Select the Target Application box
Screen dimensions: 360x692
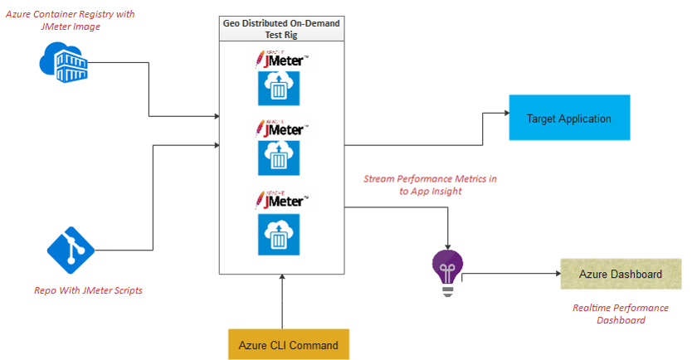click(569, 118)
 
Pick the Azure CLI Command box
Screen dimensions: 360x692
click(288, 344)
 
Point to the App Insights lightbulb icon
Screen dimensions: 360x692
click(448, 273)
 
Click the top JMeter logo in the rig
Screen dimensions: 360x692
click(282, 59)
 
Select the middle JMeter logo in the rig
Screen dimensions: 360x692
click(282, 128)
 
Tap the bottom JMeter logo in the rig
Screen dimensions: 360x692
click(282, 199)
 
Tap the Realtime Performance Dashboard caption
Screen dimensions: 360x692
click(620, 314)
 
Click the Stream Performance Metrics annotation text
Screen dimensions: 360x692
click(430, 184)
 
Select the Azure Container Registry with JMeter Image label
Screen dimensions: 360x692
click(70, 20)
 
